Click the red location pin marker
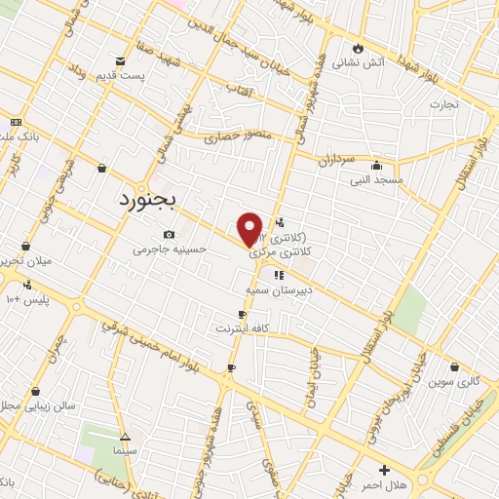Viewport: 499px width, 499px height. click(250, 227)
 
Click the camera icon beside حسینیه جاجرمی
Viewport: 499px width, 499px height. click(170, 235)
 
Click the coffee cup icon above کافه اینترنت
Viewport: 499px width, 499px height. click(243, 314)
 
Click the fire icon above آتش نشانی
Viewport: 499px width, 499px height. click(359, 48)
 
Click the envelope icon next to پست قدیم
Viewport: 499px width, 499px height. click(120, 60)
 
